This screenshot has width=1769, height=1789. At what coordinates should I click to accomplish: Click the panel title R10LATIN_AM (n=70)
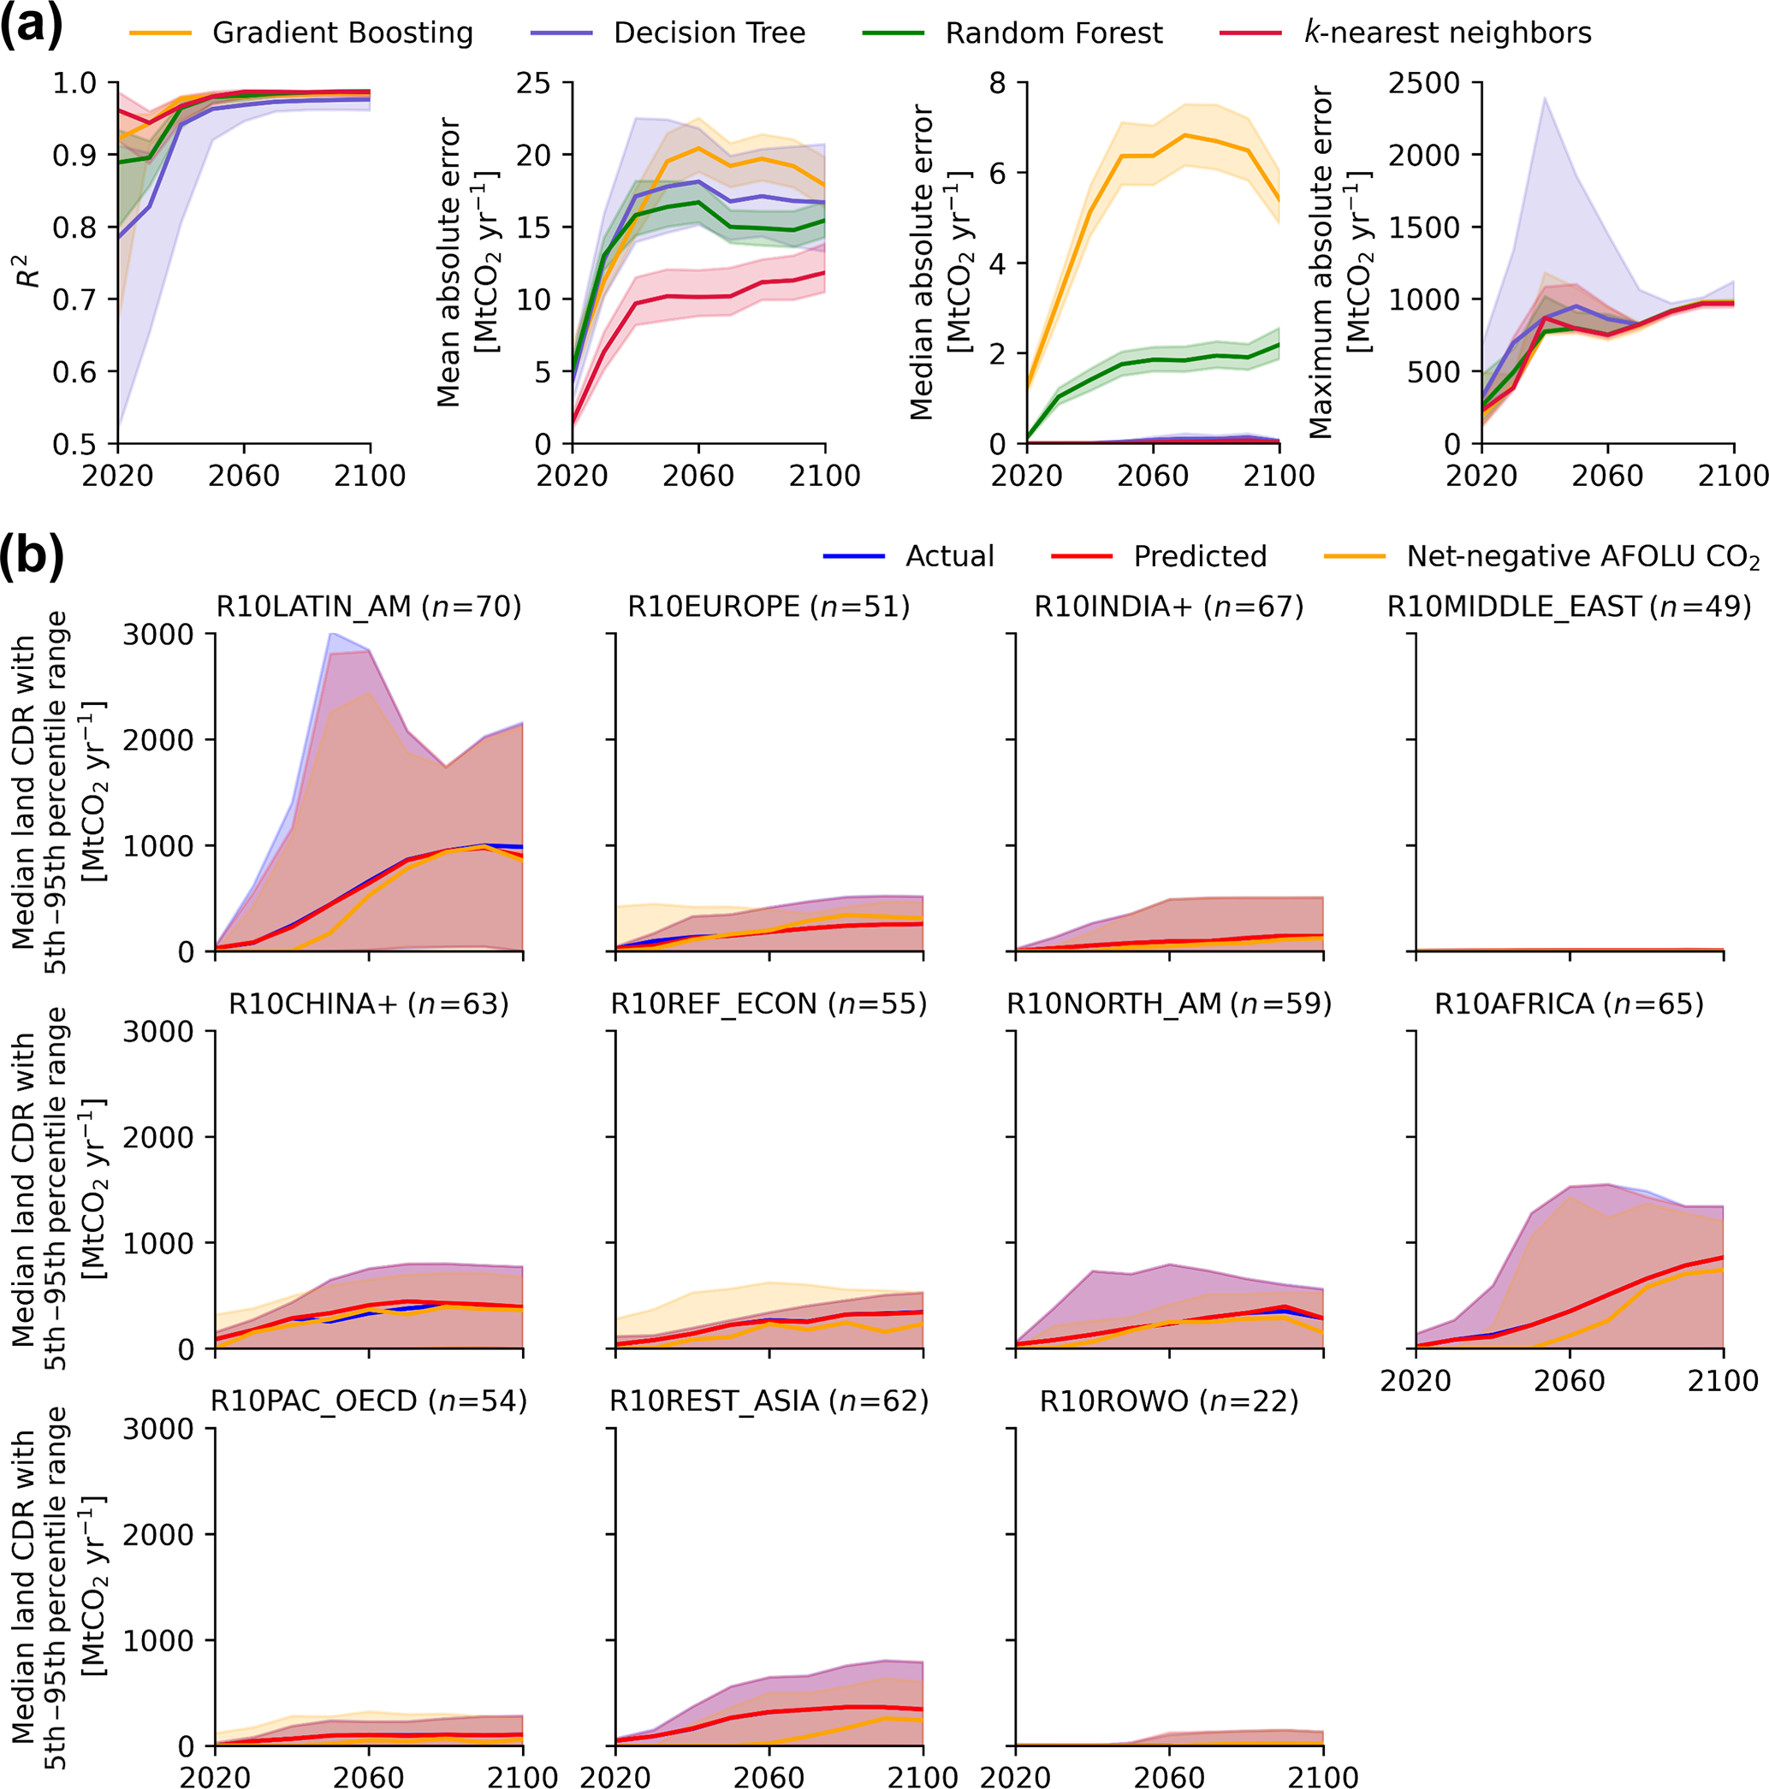(369, 607)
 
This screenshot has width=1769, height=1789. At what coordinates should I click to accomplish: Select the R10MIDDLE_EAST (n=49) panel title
(1569, 607)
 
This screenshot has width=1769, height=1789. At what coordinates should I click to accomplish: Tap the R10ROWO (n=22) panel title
(1169, 1401)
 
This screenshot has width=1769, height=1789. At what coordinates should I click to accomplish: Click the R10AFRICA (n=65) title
(1569, 1004)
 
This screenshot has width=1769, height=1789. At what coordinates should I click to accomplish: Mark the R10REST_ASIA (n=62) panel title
(769, 1401)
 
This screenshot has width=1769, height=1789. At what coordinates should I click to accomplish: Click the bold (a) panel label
(31, 25)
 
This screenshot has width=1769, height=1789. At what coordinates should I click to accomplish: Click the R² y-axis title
(30, 269)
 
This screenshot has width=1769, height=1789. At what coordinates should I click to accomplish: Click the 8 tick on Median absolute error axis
(998, 83)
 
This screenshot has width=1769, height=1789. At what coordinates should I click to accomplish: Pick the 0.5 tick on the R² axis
(74, 445)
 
